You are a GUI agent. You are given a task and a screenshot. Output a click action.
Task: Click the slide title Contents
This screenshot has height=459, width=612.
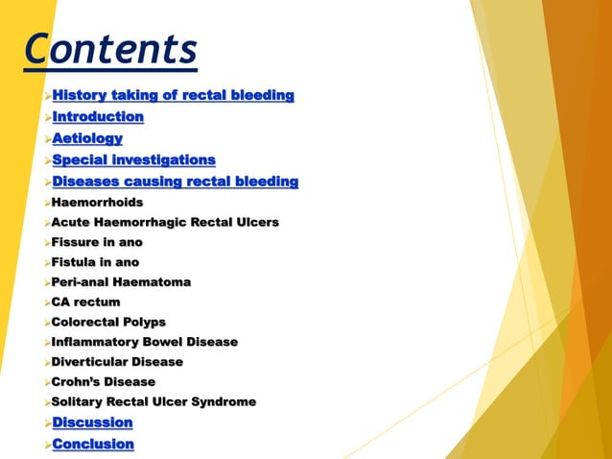point(111,48)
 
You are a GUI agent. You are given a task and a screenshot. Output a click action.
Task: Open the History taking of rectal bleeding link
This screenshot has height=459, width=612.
point(173,95)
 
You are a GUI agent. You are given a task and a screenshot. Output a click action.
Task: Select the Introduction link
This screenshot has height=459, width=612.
point(98,117)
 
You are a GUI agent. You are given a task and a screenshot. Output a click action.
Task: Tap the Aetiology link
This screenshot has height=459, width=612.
point(87,139)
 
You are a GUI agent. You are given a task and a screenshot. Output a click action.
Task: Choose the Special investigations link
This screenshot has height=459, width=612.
point(133,160)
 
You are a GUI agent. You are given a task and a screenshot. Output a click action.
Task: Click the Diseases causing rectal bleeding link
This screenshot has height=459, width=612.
point(175,181)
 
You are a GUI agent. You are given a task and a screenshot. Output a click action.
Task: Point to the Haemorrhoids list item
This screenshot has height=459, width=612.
point(97,203)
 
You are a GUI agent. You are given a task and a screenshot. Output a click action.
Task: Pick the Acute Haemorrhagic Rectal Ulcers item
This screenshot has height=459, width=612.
point(165,223)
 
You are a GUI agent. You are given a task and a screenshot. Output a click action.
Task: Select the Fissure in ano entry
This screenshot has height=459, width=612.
point(97,243)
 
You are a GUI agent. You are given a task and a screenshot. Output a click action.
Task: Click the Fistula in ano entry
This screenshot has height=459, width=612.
point(95,262)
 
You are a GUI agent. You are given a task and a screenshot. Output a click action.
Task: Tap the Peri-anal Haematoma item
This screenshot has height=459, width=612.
point(121,282)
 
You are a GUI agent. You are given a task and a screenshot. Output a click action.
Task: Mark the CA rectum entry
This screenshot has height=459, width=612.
point(86,302)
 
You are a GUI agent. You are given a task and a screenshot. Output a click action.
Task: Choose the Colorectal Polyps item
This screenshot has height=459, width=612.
point(108,323)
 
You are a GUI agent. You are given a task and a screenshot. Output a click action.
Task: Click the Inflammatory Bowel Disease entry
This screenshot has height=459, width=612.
point(144,342)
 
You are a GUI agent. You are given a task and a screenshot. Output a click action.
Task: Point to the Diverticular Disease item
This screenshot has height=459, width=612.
point(117,362)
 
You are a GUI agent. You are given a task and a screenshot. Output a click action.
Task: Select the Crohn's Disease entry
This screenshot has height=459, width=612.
point(104,382)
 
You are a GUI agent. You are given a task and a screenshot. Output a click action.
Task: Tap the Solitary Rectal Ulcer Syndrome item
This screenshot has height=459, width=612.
point(153,402)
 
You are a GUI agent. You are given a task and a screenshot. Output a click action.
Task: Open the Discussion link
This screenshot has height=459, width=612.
point(92,423)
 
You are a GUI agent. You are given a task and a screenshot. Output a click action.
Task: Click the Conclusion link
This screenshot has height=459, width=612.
point(93,444)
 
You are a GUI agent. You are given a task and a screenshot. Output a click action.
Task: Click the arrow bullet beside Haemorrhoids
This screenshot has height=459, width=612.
point(47,204)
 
